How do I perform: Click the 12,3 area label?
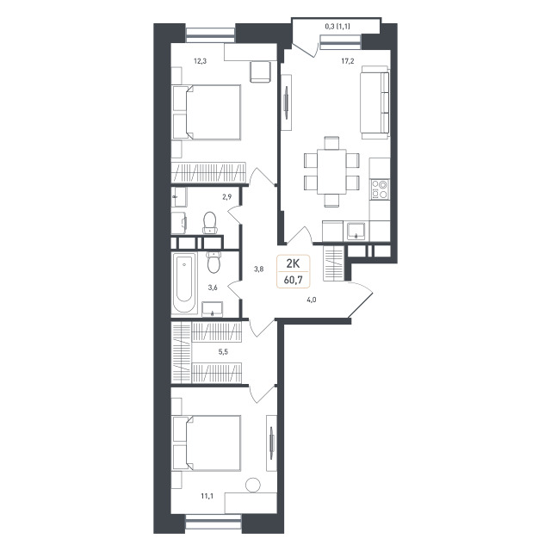click(200, 61)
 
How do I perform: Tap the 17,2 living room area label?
click(348, 61)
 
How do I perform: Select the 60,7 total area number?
click(294, 280)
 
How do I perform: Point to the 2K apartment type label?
click(293, 263)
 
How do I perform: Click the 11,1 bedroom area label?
click(207, 496)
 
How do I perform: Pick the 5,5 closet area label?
click(223, 351)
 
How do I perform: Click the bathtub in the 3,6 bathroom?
click(184, 283)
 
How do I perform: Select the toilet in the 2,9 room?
click(210, 222)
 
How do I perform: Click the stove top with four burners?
click(380, 189)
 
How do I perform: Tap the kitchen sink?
click(356, 231)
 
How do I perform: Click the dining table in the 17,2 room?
click(331, 171)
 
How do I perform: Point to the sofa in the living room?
click(375, 102)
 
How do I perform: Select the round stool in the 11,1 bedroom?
click(253, 485)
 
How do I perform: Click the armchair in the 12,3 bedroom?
click(260, 72)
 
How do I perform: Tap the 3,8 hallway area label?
click(259, 269)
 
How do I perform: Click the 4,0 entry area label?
click(312, 300)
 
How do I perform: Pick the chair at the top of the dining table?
click(331, 143)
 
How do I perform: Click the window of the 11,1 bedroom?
click(214, 523)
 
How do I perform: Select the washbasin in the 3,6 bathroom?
click(213, 308)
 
